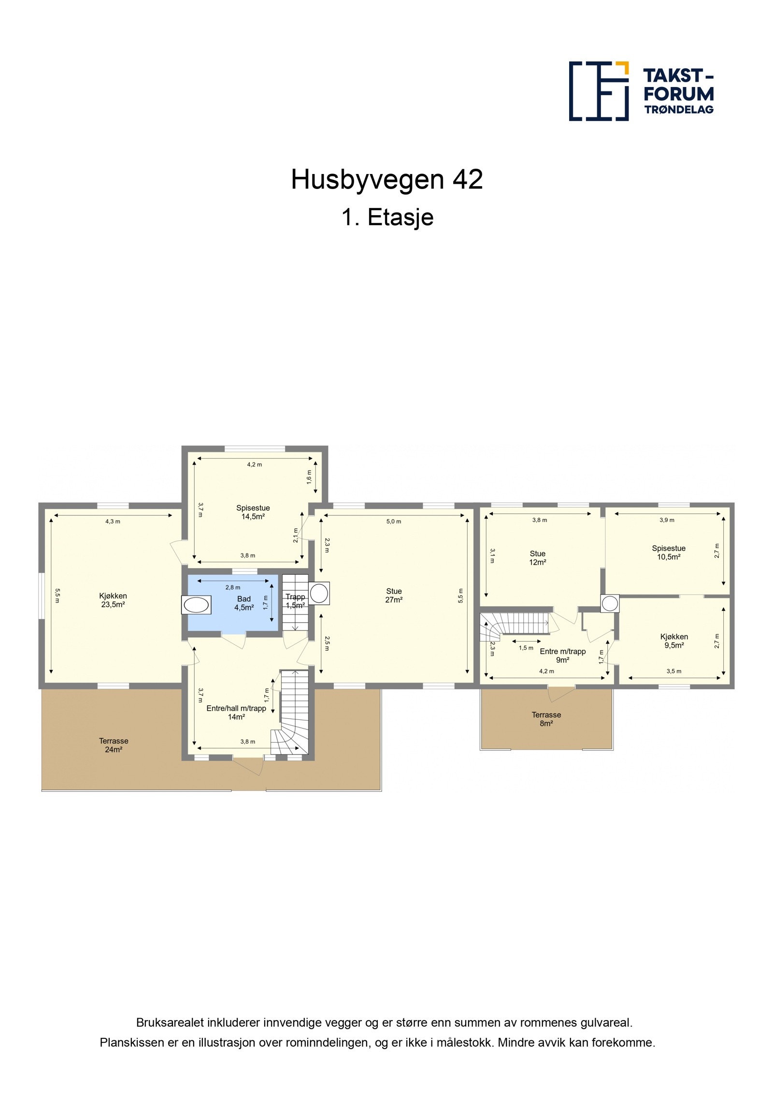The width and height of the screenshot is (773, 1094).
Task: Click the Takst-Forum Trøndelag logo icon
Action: pyautogui.click(x=598, y=91)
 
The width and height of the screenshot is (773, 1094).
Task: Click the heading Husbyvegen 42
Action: pyautogui.click(x=386, y=180)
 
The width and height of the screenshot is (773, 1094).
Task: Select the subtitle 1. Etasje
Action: pyautogui.click(x=387, y=217)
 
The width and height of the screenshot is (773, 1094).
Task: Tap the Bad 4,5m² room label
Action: pyautogui.click(x=244, y=603)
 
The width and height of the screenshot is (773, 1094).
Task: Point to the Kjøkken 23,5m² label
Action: pyautogui.click(x=113, y=600)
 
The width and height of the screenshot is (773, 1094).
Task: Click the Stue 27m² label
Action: pyautogui.click(x=394, y=595)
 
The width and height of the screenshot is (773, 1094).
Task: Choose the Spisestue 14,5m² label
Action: pyautogui.click(x=253, y=512)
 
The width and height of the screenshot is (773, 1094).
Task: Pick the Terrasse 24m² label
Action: pyautogui.click(x=114, y=745)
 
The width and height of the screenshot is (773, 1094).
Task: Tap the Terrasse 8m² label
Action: pyautogui.click(x=546, y=719)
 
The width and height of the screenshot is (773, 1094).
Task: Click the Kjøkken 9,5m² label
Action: pyautogui.click(x=674, y=641)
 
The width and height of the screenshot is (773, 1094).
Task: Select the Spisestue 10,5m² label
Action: pyautogui.click(x=669, y=553)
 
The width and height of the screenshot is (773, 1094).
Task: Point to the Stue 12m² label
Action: pyautogui.click(x=537, y=558)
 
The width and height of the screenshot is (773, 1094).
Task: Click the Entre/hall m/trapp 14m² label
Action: pyautogui.click(x=236, y=713)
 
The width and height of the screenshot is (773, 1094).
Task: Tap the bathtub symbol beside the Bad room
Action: pyautogui.click(x=196, y=605)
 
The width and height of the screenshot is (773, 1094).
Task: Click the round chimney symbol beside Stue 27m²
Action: pyautogui.click(x=319, y=593)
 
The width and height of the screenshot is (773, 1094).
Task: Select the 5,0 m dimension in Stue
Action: pyautogui.click(x=394, y=521)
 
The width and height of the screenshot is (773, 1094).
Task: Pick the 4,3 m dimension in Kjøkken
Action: pyautogui.click(x=113, y=521)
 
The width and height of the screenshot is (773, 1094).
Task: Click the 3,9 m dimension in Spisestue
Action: pyautogui.click(x=667, y=520)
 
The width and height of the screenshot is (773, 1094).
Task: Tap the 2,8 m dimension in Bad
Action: pyautogui.click(x=232, y=587)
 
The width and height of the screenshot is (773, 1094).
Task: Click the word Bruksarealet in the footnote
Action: pyautogui.click(x=170, y=1022)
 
